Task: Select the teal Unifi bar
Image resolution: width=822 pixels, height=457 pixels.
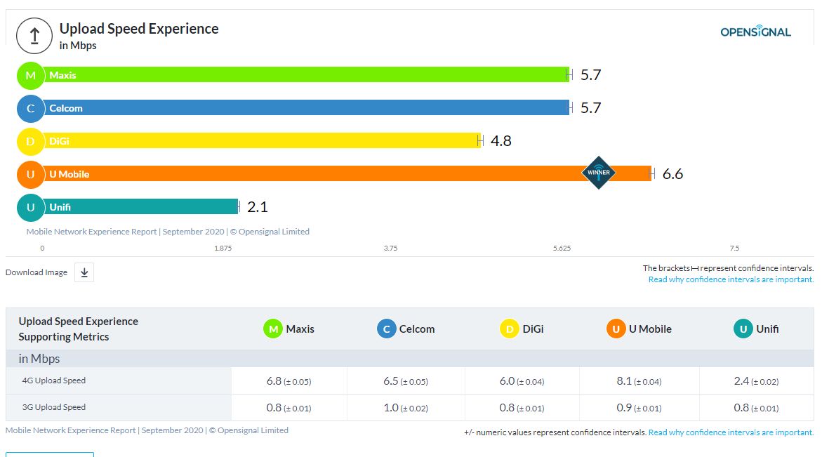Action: click(x=140, y=206)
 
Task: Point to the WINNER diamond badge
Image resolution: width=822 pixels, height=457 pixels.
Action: click(x=599, y=173)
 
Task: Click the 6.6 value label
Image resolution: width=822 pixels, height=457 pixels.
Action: click(x=672, y=174)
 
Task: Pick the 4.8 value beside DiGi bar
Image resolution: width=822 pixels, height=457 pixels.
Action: click(x=501, y=141)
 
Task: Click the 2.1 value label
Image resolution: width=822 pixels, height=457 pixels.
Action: click(x=258, y=207)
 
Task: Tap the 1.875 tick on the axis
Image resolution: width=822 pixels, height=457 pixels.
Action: click(x=223, y=249)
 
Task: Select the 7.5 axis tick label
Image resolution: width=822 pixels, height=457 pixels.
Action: click(x=734, y=249)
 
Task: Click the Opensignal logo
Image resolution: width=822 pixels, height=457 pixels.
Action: click(x=755, y=32)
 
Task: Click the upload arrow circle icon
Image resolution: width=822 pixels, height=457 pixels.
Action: click(x=34, y=36)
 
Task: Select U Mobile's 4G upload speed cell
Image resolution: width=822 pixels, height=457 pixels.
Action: click(x=639, y=381)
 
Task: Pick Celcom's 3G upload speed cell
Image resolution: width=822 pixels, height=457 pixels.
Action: click(x=406, y=408)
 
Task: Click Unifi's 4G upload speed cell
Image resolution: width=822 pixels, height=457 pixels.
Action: click(x=756, y=381)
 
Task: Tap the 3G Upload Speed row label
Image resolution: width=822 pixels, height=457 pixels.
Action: click(x=55, y=407)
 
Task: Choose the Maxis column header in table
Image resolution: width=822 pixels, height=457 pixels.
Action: click(x=289, y=329)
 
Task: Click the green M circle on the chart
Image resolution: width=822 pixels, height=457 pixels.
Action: click(x=30, y=75)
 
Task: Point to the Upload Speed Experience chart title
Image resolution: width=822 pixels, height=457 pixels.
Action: click(x=139, y=29)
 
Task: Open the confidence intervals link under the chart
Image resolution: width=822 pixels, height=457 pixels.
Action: click(x=731, y=279)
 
